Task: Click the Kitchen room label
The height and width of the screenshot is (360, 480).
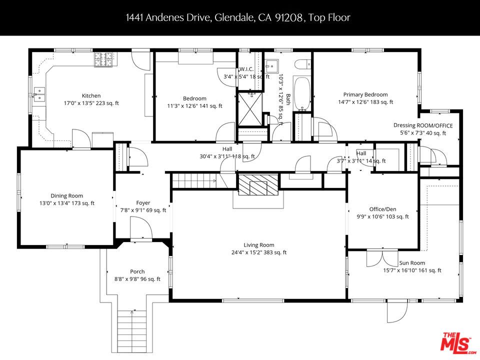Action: tap(91, 95)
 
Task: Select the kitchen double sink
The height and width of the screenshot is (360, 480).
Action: tap(38, 93)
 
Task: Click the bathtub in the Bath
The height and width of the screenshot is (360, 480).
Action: tap(302, 93)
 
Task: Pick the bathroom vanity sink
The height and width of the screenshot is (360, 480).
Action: tap(272, 65)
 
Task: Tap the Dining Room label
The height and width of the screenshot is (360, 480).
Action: tap(66, 196)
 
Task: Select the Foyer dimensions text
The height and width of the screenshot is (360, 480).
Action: tap(143, 210)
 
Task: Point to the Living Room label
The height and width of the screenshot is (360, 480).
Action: tap(258, 245)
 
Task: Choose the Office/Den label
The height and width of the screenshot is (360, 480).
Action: tap(382, 209)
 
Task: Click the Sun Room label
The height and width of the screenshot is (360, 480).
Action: tap(412, 263)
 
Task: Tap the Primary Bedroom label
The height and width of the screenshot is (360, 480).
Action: tap(365, 94)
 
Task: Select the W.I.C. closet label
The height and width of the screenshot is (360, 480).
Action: tap(248, 69)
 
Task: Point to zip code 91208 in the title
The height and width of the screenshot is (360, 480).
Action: tap(288, 17)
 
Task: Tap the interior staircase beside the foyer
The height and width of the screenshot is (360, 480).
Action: tap(195, 180)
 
